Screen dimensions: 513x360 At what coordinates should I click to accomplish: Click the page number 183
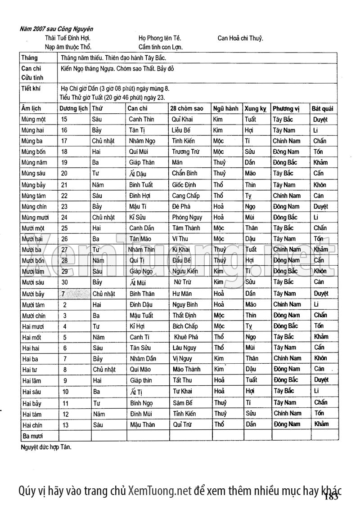(331, 496)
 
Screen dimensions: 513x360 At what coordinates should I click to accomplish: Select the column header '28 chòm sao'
(187, 109)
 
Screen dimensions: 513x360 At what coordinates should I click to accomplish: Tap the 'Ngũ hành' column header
(226, 109)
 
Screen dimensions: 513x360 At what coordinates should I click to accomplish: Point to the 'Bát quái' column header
(323, 109)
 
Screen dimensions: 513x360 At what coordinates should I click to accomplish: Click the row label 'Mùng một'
(33, 120)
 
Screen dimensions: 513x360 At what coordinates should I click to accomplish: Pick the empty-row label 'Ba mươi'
(32, 436)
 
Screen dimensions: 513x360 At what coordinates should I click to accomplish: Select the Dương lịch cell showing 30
(64, 282)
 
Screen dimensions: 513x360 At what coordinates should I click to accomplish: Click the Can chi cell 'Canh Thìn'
(141, 120)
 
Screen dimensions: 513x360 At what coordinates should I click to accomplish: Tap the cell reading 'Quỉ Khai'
(182, 120)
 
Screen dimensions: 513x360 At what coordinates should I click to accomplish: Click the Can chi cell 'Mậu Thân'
(142, 424)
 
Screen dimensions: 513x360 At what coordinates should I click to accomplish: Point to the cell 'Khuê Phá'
(185, 337)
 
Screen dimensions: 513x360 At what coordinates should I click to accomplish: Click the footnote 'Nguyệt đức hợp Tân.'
(46, 447)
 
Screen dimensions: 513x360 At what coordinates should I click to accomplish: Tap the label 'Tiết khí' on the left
(31, 88)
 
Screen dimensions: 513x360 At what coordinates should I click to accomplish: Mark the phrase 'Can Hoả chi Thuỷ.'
(240, 38)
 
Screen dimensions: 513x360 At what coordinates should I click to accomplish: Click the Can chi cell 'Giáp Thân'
(141, 163)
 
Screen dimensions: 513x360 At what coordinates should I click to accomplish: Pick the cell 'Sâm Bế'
(182, 403)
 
